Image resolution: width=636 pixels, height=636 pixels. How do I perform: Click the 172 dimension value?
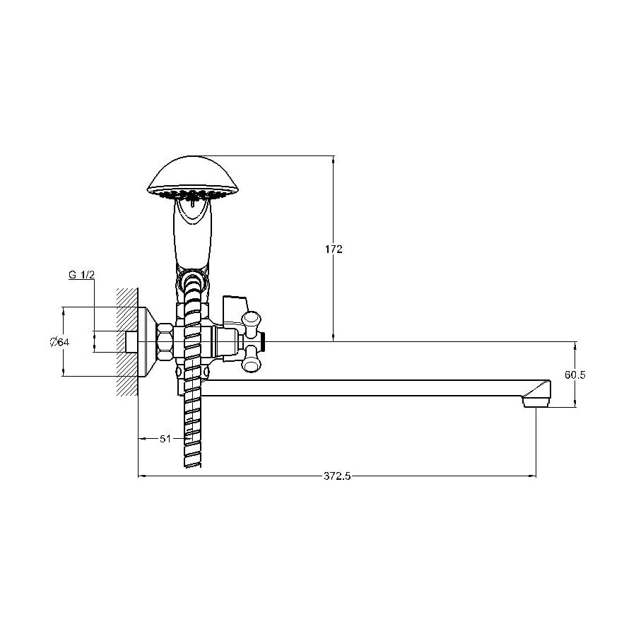(x=334, y=249)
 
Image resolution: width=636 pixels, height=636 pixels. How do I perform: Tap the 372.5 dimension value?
(x=336, y=476)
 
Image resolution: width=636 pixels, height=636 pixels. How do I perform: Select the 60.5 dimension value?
(x=575, y=375)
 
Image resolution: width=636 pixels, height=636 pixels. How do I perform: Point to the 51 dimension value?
(x=165, y=438)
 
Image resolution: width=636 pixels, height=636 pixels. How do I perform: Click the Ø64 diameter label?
(x=59, y=342)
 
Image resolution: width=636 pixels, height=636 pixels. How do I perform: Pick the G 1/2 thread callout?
(x=81, y=275)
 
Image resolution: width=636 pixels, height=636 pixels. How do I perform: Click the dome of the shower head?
(x=193, y=174)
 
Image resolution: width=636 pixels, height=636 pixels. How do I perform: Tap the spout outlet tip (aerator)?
(x=536, y=402)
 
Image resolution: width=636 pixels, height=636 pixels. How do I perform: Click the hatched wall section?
(x=127, y=342)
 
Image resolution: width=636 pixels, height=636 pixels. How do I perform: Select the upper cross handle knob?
(x=251, y=319)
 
